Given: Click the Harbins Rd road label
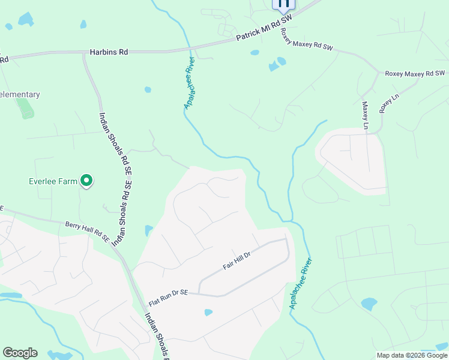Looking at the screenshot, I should pyautogui.click(x=109, y=53).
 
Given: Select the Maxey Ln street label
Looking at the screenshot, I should pyautogui.click(x=365, y=115).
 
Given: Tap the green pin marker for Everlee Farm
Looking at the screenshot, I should pyautogui.click(x=87, y=180).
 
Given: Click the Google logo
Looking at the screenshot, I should pyautogui.click(x=20, y=353).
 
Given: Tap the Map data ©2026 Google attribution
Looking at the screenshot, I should pyautogui.click(x=412, y=355).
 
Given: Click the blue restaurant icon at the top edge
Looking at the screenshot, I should pyautogui.click(x=284, y=4).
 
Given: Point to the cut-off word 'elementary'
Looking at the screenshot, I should pyautogui.click(x=20, y=95).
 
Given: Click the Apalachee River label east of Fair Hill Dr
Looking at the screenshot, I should pyautogui.click(x=301, y=283).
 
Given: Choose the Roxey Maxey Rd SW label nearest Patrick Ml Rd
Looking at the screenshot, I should pyautogui.click(x=307, y=47).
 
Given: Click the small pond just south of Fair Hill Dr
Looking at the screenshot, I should pyautogui.click(x=208, y=312).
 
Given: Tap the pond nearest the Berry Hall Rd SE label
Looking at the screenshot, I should pyautogui.click(x=148, y=230).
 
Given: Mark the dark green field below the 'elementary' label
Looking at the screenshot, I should pyautogui.click(x=25, y=109).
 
